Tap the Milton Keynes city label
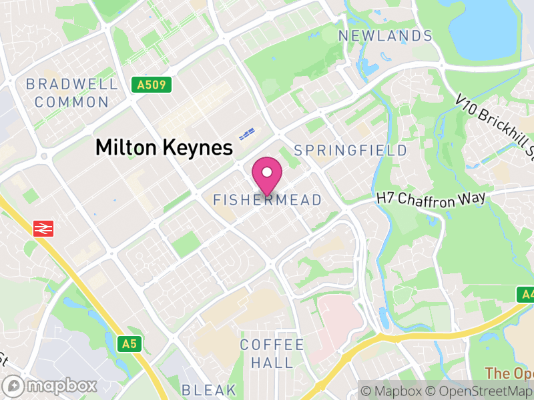(164, 147)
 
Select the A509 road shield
(152, 85)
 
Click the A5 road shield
(130, 344)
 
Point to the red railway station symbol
(43, 229)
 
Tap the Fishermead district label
(267, 200)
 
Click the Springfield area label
(350, 150)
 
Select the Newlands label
(386, 36)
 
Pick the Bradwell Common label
(71, 93)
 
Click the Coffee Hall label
(272, 354)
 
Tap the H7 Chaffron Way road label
(431, 197)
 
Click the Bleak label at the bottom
(209, 390)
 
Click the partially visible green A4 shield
(526, 294)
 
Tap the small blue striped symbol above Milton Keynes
(247, 134)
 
